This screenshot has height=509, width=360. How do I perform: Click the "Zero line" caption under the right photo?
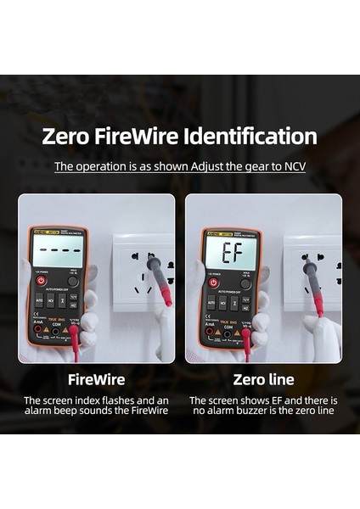tap(262, 378)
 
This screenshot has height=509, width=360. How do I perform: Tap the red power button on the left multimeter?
tap(42, 280)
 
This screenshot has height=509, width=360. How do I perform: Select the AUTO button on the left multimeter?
tap(39, 300)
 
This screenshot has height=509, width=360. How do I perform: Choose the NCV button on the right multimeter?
tap(222, 302)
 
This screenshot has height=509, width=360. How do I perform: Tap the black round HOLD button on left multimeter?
tap(73, 281)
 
